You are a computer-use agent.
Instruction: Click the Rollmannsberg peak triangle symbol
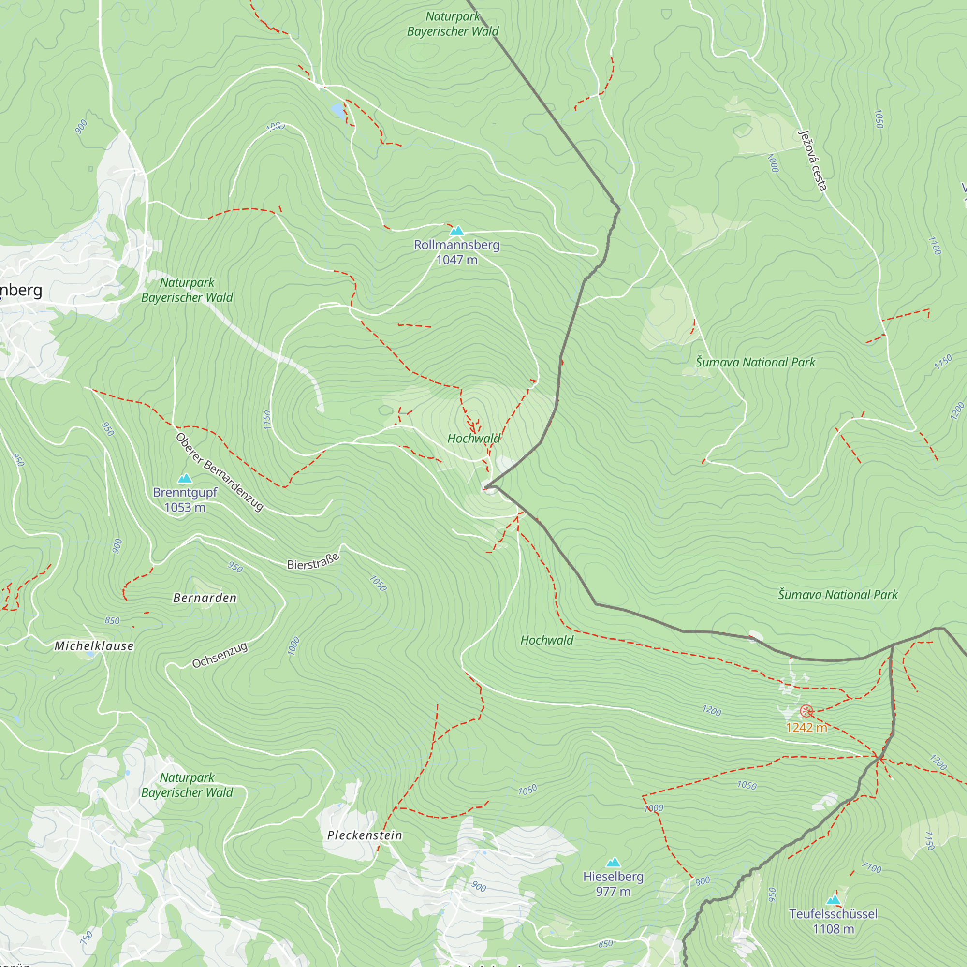[456, 231]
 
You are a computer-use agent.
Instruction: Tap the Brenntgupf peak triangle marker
[185, 479]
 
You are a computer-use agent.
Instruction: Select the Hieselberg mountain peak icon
[613, 863]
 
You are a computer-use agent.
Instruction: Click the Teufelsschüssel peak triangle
[834, 900]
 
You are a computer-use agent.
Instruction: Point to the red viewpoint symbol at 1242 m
[806, 711]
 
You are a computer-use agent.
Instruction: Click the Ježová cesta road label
[812, 161]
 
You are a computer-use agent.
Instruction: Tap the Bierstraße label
[313, 561]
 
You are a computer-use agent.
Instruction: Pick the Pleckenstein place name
[365, 835]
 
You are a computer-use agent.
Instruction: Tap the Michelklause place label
[94, 646]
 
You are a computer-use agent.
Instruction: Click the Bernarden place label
[205, 598]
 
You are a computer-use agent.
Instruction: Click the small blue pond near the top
[338, 110]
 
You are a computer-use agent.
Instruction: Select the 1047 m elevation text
[456, 260]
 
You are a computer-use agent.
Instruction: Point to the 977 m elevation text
[613, 892]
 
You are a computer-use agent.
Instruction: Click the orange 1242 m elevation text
[806, 728]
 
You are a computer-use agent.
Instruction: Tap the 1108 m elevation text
[834, 929]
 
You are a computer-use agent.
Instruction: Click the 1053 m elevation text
[185, 508]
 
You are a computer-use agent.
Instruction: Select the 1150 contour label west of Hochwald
[267, 419]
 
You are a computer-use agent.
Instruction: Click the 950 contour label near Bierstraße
[235, 567]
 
